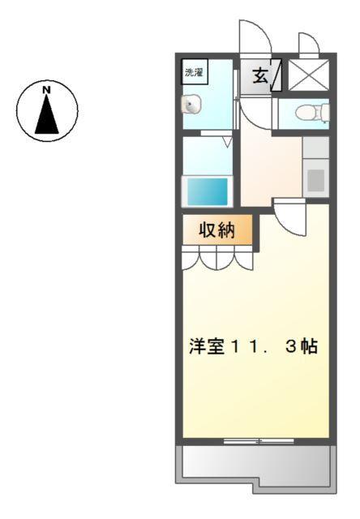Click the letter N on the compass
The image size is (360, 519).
coord(47,88)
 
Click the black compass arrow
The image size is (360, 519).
coord(47,114)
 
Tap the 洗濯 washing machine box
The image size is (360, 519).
coord(194,71)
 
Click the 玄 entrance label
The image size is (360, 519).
coord(259,76)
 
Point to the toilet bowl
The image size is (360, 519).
coord(304,113)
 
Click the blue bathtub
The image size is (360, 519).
coord(208,191)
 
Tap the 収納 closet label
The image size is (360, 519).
coord(216,230)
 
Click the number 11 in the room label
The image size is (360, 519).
coord(236,346)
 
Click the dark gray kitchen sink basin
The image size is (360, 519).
coord(315,179)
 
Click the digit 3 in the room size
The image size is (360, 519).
coord(289,346)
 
